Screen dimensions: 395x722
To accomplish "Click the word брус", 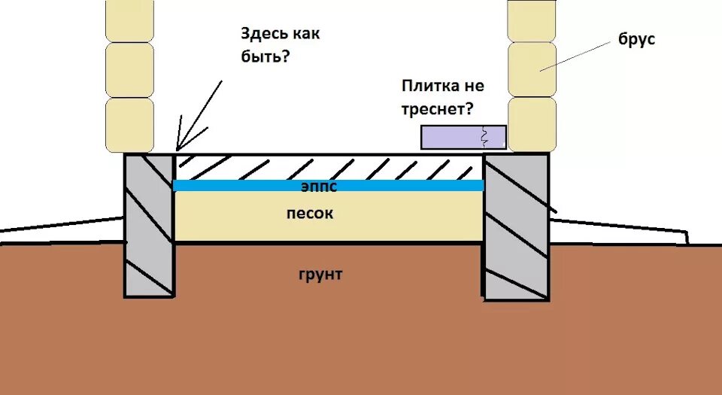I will [636, 39].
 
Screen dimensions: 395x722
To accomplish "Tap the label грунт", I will [320, 275].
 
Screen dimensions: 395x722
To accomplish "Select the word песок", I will [309, 214].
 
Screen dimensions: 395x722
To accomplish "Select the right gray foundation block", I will [515, 226].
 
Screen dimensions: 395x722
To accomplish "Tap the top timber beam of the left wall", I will [129, 20].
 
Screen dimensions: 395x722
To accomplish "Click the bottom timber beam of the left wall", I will [129, 125].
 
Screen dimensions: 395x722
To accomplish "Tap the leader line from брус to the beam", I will [576, 56].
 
